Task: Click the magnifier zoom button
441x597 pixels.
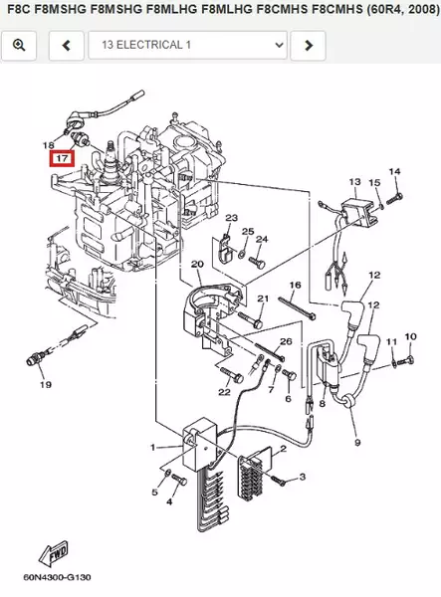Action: pos(19,46)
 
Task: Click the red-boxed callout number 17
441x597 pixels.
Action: pos(62,158)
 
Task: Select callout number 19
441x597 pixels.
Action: pos(45,385)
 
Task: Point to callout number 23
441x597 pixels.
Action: pos(231,218)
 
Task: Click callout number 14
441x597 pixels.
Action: pos(394,172)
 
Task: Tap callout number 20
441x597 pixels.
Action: pos(197,265)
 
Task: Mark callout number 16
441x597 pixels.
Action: pos(295,286)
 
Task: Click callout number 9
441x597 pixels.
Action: pos(356,442)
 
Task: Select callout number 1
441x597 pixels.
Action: pos(153,447)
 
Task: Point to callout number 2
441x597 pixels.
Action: pos(283,449)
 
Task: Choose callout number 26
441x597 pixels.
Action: pos(285,342)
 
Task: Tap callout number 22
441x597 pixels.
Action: pos(224,392)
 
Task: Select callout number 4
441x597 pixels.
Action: pos(168,501)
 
